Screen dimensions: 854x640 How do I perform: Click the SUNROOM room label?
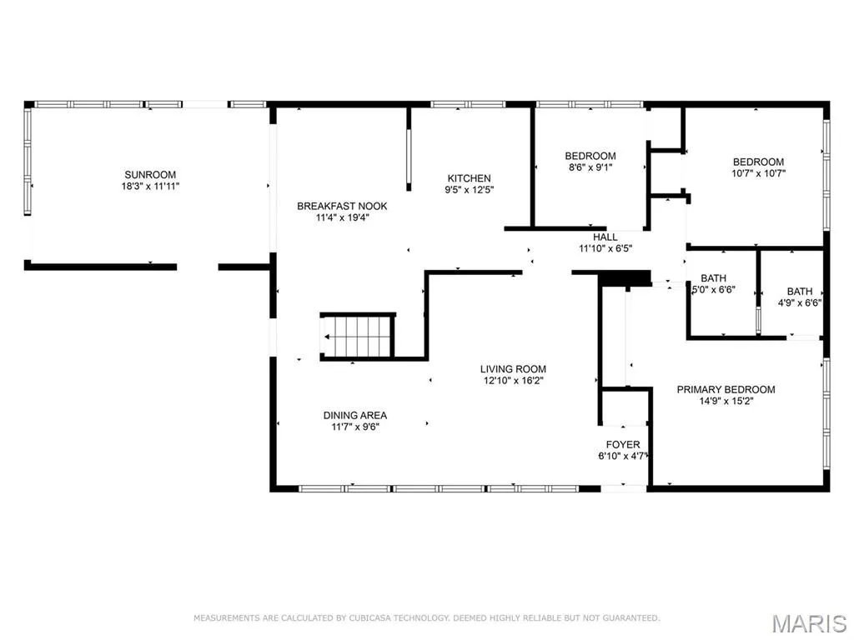(150, 175)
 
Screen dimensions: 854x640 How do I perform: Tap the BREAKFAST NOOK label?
(342, 207)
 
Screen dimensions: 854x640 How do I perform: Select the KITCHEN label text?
(469, 178)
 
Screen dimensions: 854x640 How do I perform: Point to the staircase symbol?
(357, 337)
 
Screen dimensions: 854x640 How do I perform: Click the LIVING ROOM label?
(513, 369)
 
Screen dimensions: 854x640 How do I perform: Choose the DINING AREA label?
(355, 415)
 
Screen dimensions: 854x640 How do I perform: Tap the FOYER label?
(623, 445)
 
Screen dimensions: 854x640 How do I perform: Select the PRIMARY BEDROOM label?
(726, 390)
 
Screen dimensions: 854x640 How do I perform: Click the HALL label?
(605, 237)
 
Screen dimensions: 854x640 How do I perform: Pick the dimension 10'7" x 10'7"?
(758, 173)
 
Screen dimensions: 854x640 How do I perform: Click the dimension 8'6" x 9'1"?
(590, 167)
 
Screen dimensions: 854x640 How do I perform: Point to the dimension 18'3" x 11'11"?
(150, 186)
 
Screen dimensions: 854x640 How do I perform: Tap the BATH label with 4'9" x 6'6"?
(800, 292)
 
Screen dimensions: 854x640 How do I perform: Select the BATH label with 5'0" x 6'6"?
(714, 278)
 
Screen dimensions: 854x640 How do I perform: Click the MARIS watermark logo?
(809, 623)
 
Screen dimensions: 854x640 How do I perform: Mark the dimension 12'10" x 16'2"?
(513, 381)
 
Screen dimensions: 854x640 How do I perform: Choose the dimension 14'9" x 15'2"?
(726, 402)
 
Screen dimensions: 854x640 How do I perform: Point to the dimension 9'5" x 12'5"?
(469, 190)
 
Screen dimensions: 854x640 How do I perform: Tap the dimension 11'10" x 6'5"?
(605, 249)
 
